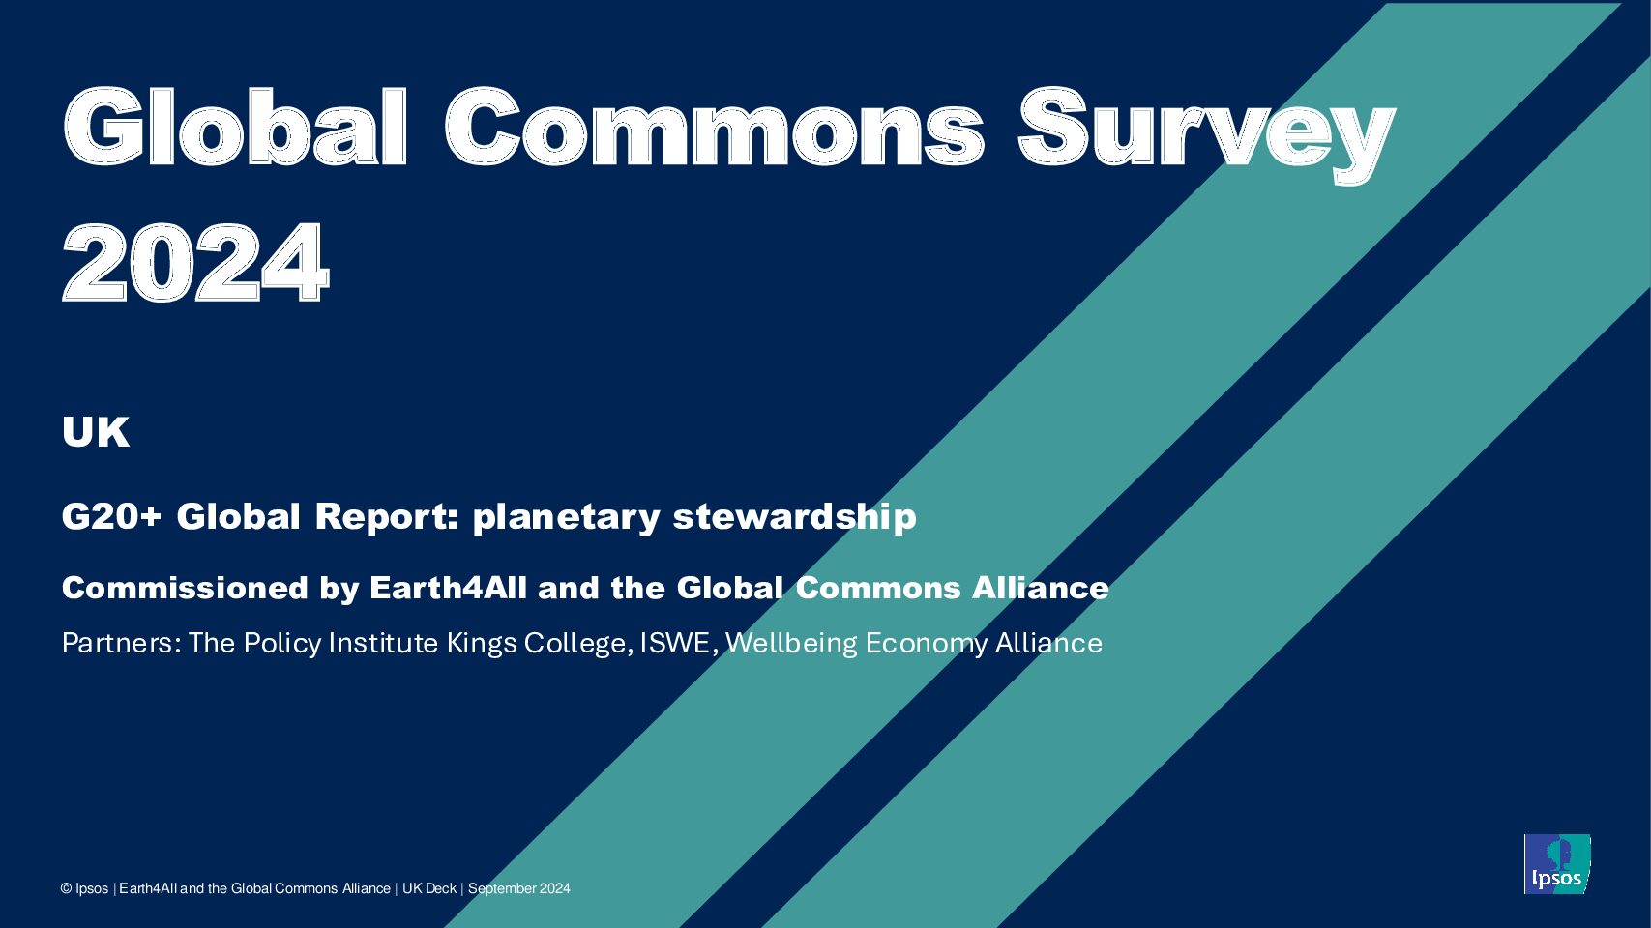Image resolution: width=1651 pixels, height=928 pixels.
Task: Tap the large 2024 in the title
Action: [195, 262]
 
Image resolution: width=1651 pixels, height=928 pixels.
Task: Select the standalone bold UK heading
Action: [96, 431]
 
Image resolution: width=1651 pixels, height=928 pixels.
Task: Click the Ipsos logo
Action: [1556, 864]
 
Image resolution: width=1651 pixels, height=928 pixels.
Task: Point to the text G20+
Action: [111, 516]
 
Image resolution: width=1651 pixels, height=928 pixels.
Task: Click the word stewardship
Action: [794, 516]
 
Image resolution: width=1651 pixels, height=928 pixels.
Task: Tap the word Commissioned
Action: [185, 588]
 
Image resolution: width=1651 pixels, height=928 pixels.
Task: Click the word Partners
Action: [119, 643]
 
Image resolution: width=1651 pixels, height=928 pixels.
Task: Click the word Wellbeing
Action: [791, 644]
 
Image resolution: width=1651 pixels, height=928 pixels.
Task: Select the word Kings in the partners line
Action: [482, 644]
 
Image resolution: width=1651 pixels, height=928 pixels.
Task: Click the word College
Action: [575, 644]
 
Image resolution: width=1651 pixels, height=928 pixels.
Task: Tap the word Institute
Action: [383, 643]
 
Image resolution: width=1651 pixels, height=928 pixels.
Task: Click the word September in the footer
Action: [501, 888]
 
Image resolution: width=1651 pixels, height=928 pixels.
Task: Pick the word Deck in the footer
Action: [441, 888]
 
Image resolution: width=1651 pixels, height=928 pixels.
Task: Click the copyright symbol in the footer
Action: [67, 889]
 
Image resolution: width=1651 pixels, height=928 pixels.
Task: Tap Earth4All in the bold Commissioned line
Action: [448, 588]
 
